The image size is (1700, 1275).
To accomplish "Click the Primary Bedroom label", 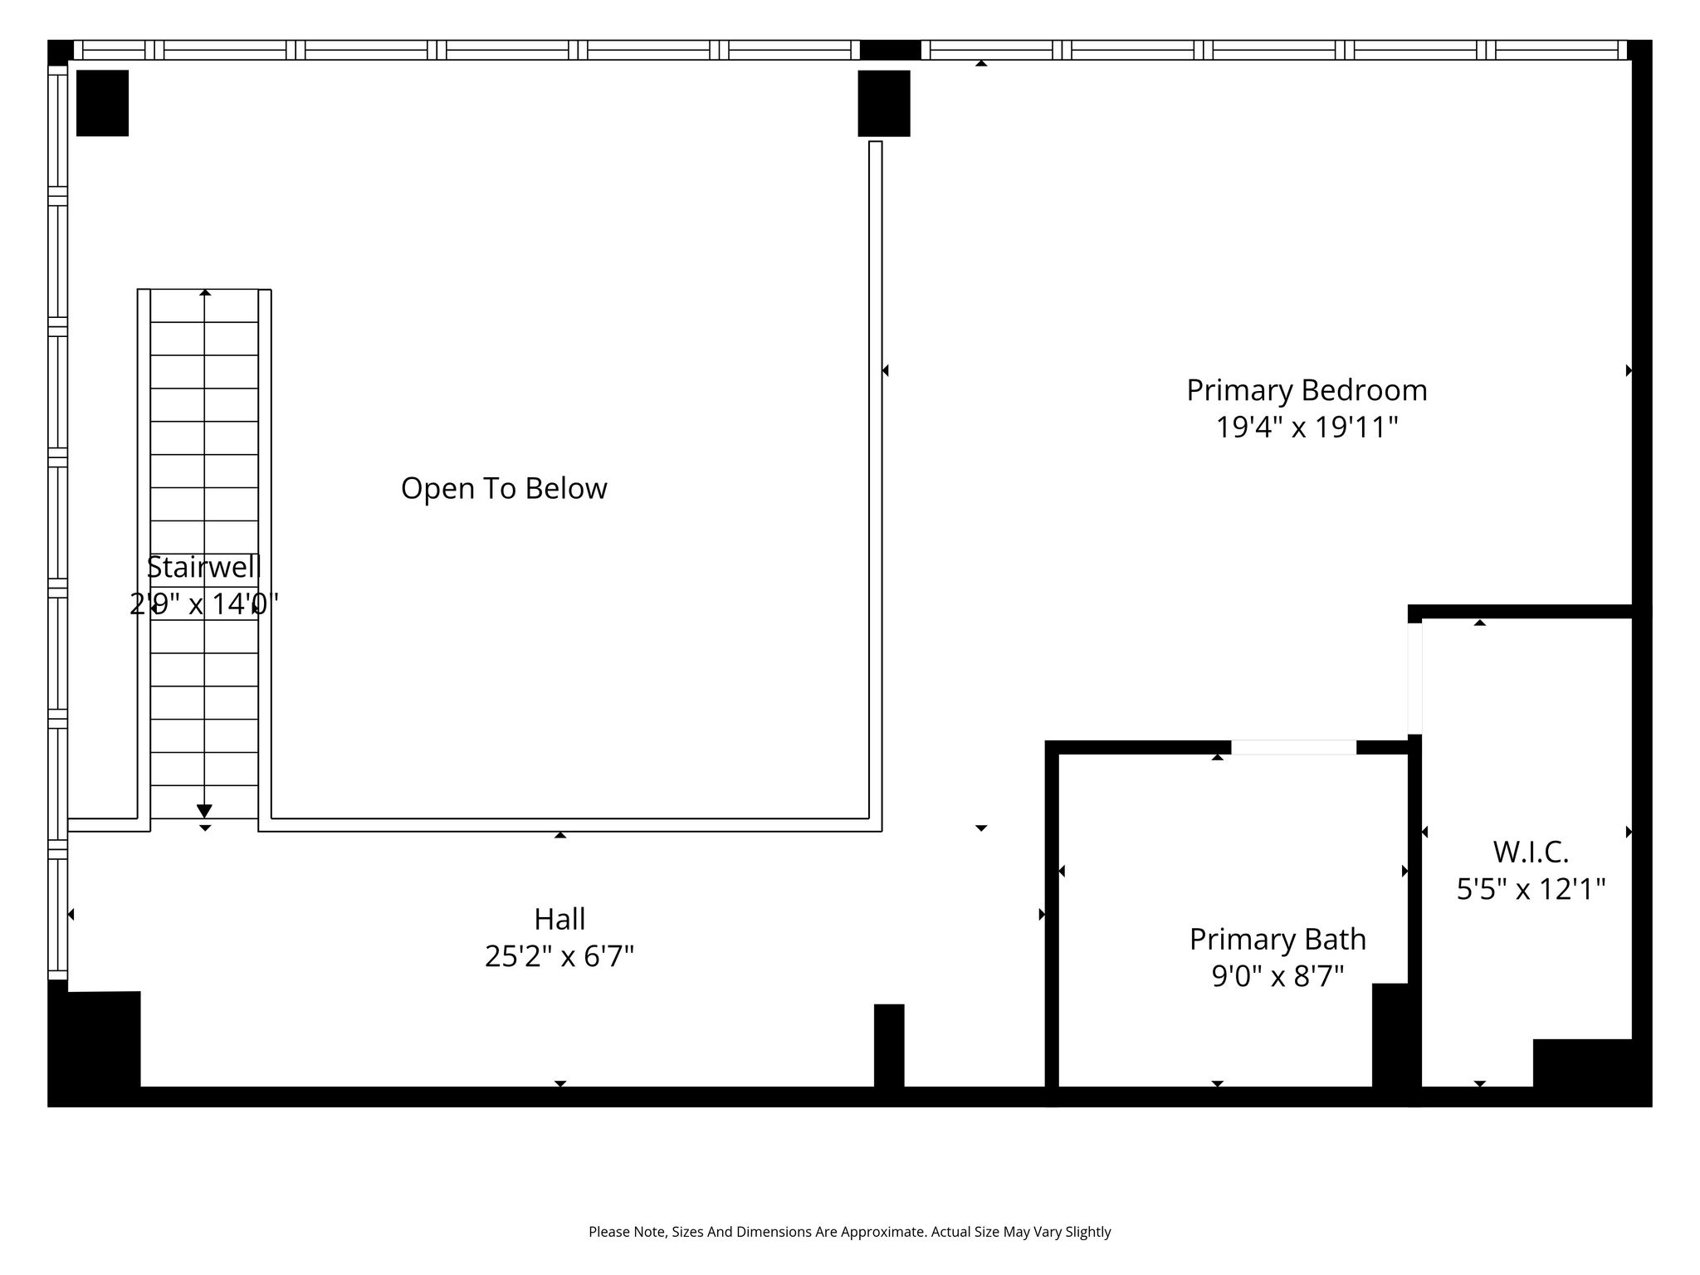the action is click(1307, 391).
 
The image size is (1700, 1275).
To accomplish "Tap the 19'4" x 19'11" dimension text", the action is click(1307, 427).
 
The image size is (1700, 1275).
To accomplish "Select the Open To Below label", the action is click(504, 489).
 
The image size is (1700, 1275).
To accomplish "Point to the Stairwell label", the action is click(204, 567).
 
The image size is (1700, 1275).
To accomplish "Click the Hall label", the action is click(559, 919).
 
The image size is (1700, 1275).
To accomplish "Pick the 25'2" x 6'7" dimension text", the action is click(559, 956).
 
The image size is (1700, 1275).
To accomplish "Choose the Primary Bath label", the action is click(1277, 939).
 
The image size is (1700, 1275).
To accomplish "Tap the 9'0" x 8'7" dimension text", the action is click(1277, 976).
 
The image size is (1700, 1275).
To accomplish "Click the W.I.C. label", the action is click(1531, 852).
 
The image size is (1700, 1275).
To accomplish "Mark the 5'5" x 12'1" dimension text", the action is click(1531, 889).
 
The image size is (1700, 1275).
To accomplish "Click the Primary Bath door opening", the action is click(1293, 747).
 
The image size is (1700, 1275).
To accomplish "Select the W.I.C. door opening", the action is click(1414, 679).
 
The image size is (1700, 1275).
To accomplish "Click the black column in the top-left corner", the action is click(102, 103).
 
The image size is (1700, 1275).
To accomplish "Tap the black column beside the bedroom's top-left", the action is click(884, 103).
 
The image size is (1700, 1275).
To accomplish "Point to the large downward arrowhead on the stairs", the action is click(204, 811).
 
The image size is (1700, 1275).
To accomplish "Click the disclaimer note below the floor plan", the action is click(849, 1232).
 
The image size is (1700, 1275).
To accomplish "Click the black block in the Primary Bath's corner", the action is click(1390, 1035).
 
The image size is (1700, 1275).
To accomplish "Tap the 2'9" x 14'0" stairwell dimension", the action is click(204, 604).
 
